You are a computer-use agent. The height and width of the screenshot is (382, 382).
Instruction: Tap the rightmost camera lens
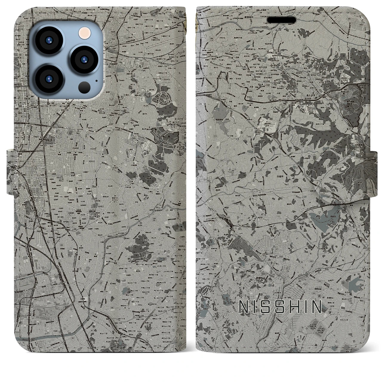[x=83, y=58]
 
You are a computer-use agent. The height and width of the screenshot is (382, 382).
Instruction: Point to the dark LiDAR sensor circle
[x=84, y=87]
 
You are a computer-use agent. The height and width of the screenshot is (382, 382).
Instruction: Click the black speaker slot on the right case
[x=282, y=20]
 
